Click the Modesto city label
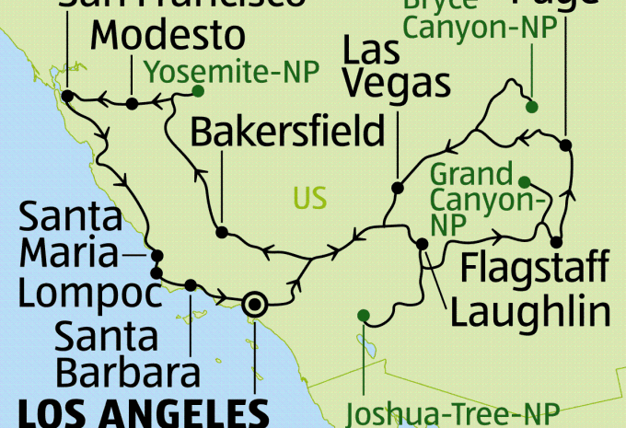pos(170,37)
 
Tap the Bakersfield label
pos(286,133)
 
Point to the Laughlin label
pos(531,312)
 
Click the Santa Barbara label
pos(127,355)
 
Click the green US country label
pos(309,197)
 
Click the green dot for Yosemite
pos(197,91)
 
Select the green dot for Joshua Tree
pos(364,316)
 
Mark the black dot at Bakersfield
pos(221,231)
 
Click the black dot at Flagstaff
pos(556,242)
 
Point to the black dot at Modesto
pos(132,103)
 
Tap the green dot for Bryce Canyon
pos(531,108)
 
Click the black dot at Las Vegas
pos(398,188)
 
